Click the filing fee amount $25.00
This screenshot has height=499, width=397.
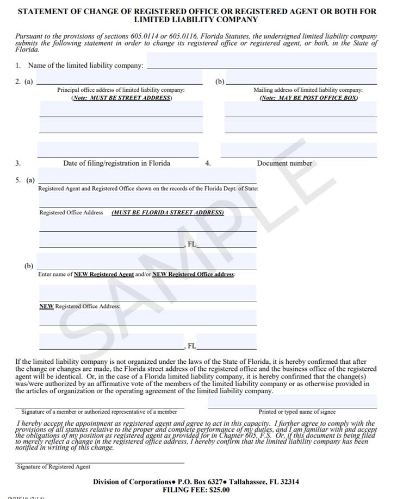coord(216,489)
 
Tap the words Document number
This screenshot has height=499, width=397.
coord(284,163)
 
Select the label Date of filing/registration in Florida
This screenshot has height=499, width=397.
coord(116,163)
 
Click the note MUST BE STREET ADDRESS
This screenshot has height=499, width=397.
coord(121,98)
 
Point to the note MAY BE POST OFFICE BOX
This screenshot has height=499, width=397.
coord(308,98)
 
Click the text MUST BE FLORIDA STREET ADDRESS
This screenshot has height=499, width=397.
coord(168,213)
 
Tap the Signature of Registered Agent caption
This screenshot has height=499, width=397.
coord(53,466)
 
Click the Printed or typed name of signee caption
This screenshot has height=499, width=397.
coord(297,412)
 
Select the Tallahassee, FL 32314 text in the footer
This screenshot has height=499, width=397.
coord(264,482)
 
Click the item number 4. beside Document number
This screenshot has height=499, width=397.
coord(208,163)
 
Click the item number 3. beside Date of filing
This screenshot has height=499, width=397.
coord(18,163)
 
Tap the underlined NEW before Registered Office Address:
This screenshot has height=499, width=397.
coord(46,306)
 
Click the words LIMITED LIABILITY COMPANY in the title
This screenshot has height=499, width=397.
coord(196,20)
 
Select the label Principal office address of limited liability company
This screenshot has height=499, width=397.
coord(121,90)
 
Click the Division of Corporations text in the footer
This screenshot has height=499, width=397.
coord(132,482)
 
